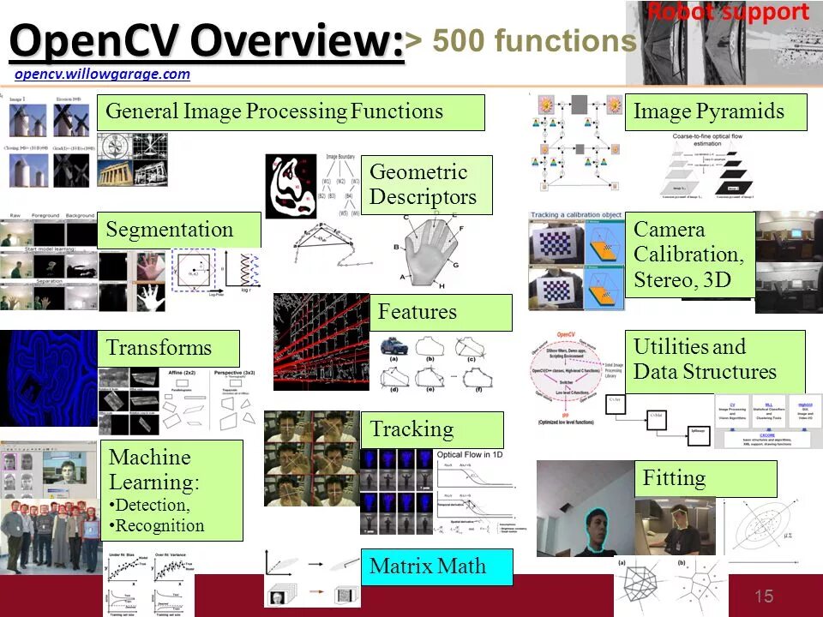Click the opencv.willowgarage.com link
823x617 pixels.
pyautogui.click(x=102, y=75)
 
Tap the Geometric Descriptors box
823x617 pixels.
pyautogui.click(x=426, y=184)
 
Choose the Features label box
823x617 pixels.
pyautogui.click(x=440, y=313)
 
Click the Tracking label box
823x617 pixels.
pyautogui.click(x=436, y=429)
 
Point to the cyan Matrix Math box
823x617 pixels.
pyautogui.click(x=436, y=566)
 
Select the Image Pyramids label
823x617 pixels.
pyautogui.click(x=715, y=112)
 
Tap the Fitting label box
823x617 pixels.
pyautogui.click(x=705, y=478)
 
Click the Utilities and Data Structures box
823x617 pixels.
pyautogui.click(x=714, y=360)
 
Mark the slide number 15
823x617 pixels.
pyautogui.click(x=764, y=596)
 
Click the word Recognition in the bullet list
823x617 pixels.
pyautogui.click(x=159, y=526)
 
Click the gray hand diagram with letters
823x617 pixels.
pyautogui.click(x=430, y=245)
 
